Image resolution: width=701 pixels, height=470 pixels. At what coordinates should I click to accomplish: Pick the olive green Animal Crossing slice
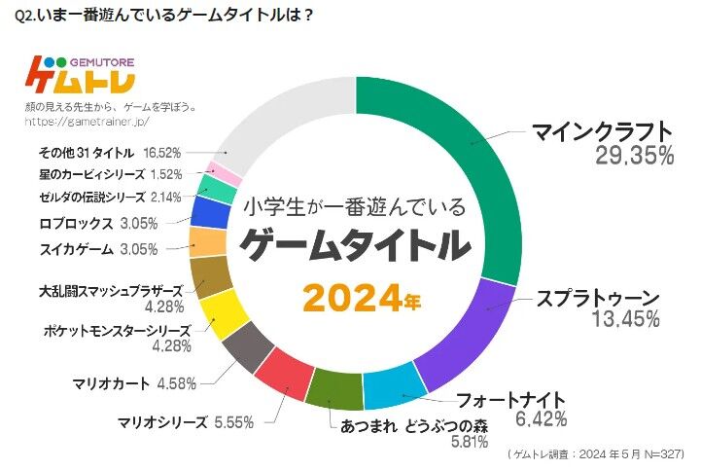point(335,389)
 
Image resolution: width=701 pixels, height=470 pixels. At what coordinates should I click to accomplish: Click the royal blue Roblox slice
point(210,212)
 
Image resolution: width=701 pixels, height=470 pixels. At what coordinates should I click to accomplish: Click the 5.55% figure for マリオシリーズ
point(236,422)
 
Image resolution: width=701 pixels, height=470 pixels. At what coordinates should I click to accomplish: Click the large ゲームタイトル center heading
point(355,246)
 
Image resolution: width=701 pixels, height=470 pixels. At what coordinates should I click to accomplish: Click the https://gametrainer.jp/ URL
point(89,123)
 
